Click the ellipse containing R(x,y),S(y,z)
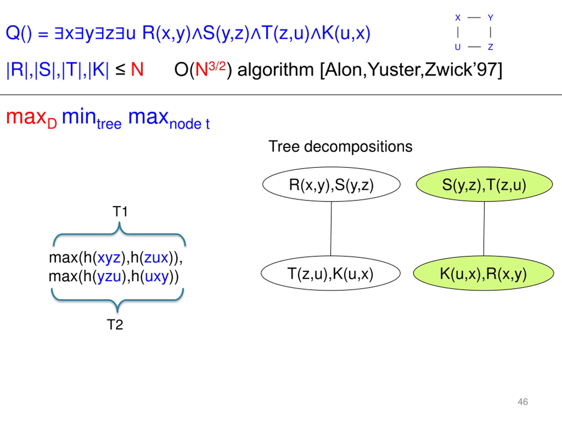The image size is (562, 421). pyautogui.click(x=331, y=184)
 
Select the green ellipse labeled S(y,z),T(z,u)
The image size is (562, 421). pyautogui.click(x=484, y=184)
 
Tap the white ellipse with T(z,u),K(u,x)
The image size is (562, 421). pyautogui.click(x=331, y=273)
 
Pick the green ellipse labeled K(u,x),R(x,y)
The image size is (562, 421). pyautogui.click(x=483, y=273)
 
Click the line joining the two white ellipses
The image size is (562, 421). pyautogui.click(x=331, y=229)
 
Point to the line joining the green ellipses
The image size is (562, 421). pyautogui.click(x=484, y=229)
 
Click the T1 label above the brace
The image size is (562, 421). pyautogui.click(x=120, y=211)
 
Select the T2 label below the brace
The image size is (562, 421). pyautogui.click(x=115, y=325)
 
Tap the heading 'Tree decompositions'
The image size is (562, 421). pyautogui.click(x=340, y=147)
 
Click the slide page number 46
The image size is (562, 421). pyautogui.click(x=523, y=402)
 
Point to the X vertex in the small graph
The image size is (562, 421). pyautogui.click(x=458, y=18)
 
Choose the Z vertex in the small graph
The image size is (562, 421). pyautogui.click(x=490, y=47)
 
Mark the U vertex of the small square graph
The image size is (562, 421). pyautogui.click(x=458, y=47)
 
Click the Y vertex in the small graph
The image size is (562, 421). pyautogui.click(x=490, y=18)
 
